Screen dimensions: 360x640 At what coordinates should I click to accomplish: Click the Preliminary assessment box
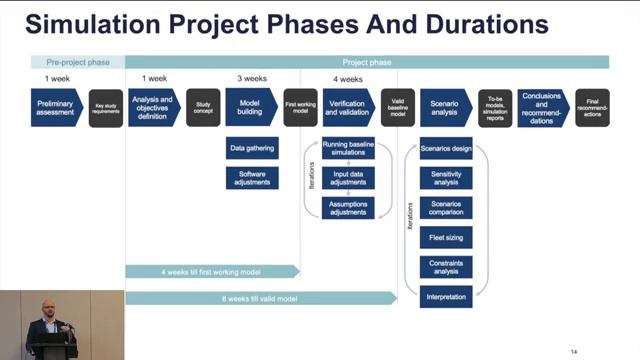click(x=55, y=107)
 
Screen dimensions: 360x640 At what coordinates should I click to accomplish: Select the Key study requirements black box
click(x=106, y=108)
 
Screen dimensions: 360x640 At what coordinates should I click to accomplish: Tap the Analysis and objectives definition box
click(x=153, y=107)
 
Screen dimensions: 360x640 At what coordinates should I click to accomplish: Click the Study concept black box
click(x=203, y=108)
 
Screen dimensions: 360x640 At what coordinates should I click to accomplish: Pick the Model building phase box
click(x=251, y=107)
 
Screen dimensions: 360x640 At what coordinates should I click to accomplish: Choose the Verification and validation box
click(x=348, y=107)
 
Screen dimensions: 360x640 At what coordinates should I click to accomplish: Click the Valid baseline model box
click(x=397, y=108)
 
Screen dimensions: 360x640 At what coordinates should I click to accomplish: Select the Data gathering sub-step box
click(x=252, y=148)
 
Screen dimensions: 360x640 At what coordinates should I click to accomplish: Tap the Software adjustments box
click(x=252, y=178)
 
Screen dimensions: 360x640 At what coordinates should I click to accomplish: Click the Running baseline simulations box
click(x=348, y=148)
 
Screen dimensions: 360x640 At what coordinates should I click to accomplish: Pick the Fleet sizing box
click(x=445, y=238)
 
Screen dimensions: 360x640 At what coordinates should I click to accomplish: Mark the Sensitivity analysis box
click(x=445, y=178)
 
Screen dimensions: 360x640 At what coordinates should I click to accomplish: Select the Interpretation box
click(x=445, y=297)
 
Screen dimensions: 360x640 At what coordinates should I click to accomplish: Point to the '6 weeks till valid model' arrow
click(x=260, y=298)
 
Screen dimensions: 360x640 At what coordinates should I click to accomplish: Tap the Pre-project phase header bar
click(x=77, y=62)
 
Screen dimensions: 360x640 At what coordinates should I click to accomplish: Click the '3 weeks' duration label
click(x=251, y=78)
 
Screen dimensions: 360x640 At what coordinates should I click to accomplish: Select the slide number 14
click(x=574, y=352)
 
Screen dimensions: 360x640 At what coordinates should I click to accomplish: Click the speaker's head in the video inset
click(x=44, y=305)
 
